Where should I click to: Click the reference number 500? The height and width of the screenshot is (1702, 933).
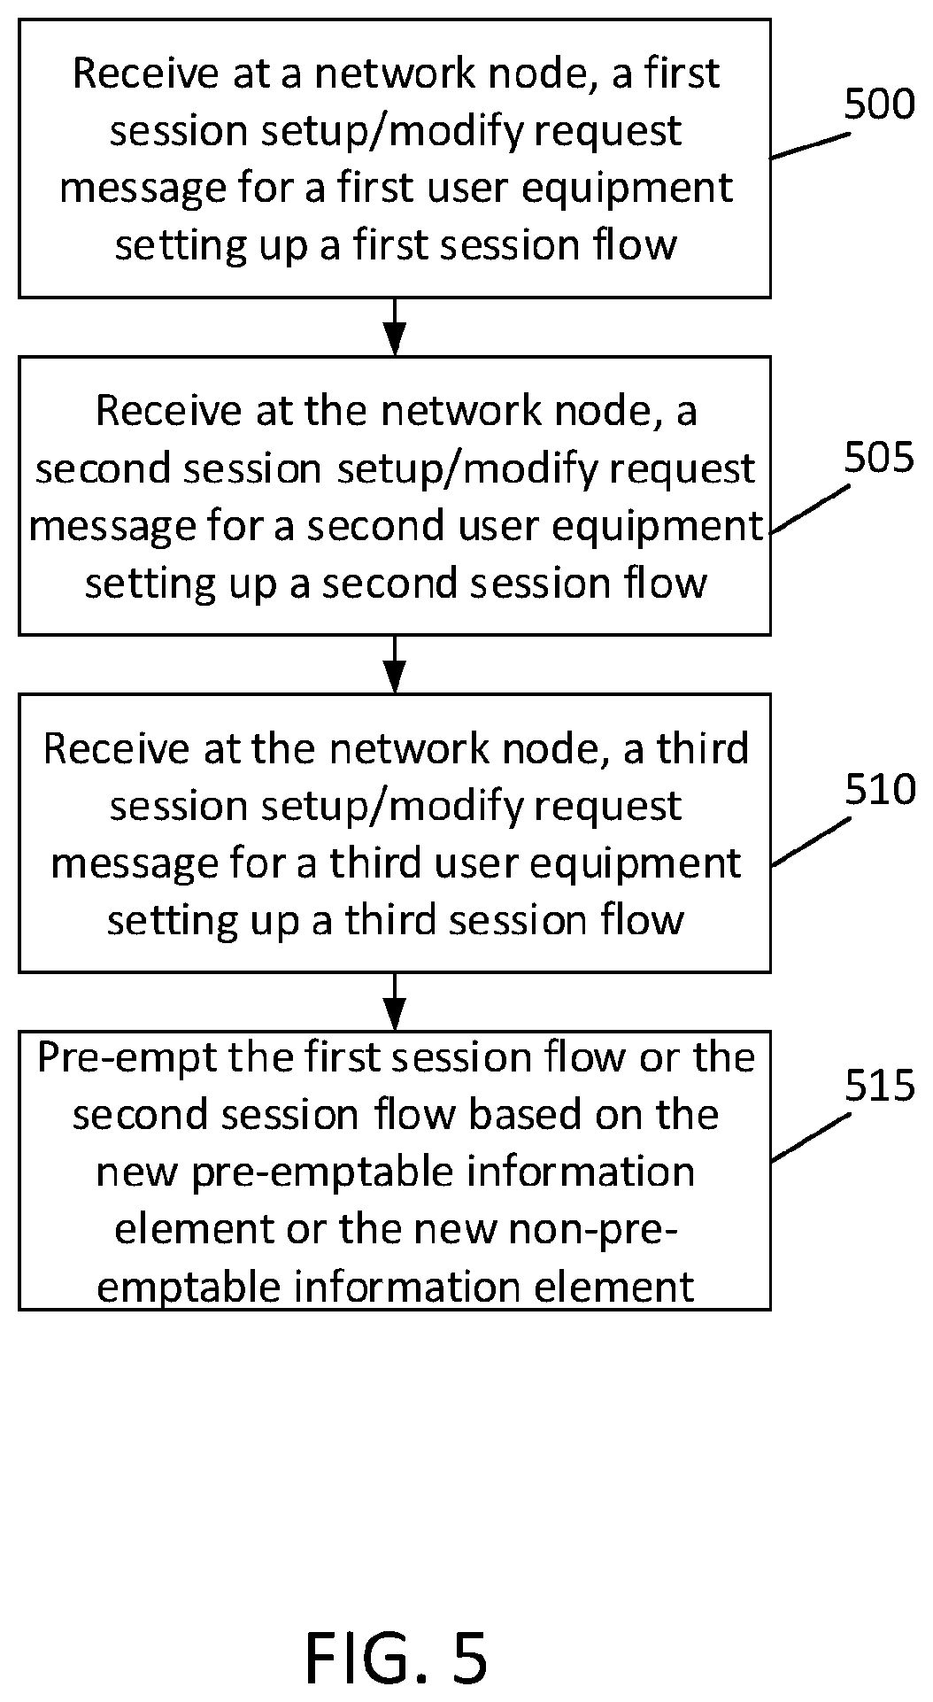tap(878, 104)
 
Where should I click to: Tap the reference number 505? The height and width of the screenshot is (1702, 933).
tap(878, 459)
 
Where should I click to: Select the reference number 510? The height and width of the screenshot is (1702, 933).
tap(878, 789)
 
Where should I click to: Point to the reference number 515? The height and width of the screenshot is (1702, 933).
tap(878, 1086)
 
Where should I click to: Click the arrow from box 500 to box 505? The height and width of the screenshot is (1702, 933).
tap(395, 327)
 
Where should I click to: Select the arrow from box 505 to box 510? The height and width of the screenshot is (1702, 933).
tap(395, 664)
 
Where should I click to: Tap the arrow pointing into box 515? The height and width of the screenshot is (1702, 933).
tap(395, 1002)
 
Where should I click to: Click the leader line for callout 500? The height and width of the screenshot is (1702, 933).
tap(810, 146)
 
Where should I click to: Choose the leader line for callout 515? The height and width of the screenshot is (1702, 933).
tap(810, 1136)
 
